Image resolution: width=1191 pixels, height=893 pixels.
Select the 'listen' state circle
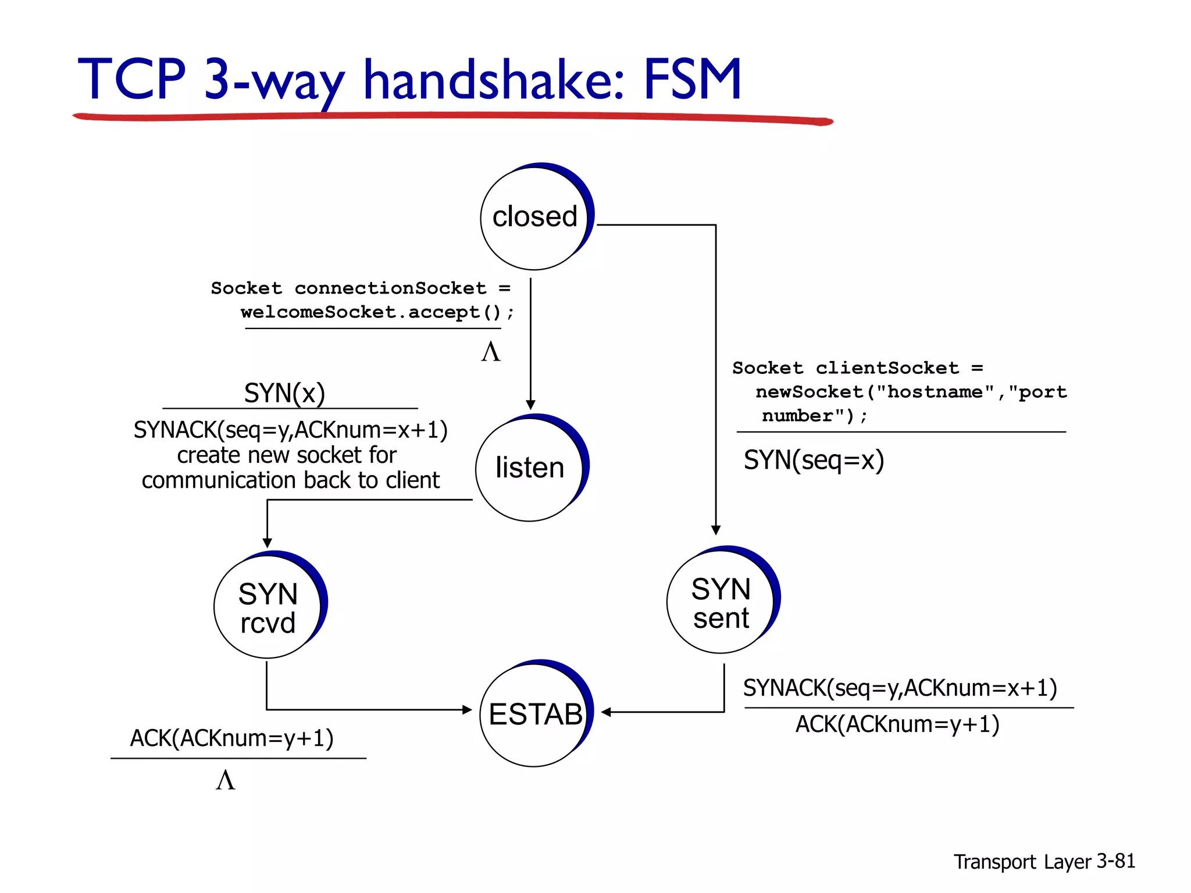(529, 469)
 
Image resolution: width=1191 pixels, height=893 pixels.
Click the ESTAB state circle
(534, 715)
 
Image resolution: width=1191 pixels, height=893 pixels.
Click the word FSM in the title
(692, 80)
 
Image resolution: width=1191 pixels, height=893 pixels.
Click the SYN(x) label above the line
(284, 394)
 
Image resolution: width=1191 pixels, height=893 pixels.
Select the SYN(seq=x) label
(814, 460)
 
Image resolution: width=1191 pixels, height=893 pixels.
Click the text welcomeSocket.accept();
(377, 313)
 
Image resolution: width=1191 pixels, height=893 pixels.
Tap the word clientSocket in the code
(887, 368)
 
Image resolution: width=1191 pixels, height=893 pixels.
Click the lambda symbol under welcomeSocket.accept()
(491, 352)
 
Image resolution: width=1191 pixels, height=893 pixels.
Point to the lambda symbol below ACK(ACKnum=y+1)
(226, 780)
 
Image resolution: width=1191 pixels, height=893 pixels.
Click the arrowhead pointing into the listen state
(530, 405)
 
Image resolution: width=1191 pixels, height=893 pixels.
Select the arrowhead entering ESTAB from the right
(606, 712)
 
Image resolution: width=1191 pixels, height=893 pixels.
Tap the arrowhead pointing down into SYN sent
(716, 530)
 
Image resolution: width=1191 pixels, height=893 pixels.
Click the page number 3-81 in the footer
(1115, 861)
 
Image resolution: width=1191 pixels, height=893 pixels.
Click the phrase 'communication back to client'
(290, 481)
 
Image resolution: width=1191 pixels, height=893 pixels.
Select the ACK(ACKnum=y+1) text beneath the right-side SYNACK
(897, 725)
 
